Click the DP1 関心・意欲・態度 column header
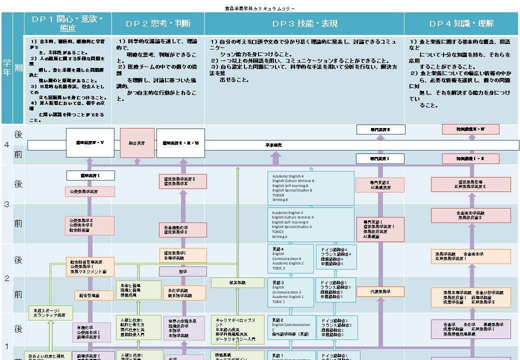[x=67, y=23]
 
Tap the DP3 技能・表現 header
[x=304, y=23]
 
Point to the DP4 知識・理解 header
[x=461, y=23]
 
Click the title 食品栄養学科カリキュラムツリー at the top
[x=260, y=8]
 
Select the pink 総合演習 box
[x=136, y=143]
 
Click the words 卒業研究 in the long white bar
[x=274, y=145]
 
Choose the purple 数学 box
[x=182, y=271]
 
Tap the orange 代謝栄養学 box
[x=380, y=291]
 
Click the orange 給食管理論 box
[x=94, y=295]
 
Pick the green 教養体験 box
[x=237, y=282]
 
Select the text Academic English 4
[x=288, y=176]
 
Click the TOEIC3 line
[x=279, y=231]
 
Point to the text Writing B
[x=280, y=199]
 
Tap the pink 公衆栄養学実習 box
[x=86, y=191]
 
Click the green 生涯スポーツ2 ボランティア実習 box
[x=50, y=313]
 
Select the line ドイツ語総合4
[x=338, y=249]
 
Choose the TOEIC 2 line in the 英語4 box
[x=278, y=268]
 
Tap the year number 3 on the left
[x=7, y=204]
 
